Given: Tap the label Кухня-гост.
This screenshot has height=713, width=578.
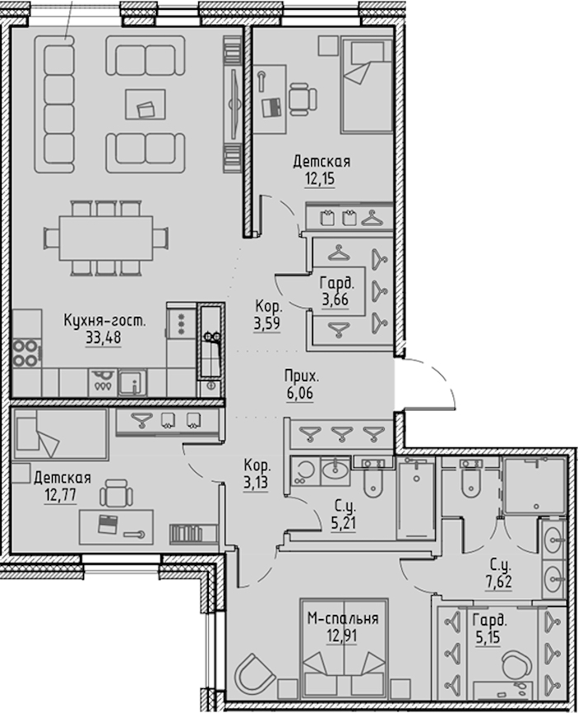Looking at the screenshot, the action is (x=105, y=320).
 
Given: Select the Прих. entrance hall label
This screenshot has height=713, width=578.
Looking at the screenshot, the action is (x=301, y=376).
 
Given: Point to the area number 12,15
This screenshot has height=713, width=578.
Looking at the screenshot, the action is (x=320, y=179).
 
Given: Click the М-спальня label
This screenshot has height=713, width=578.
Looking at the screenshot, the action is (x=343, y=618).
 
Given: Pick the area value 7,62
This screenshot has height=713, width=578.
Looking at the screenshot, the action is (x=499, y=582).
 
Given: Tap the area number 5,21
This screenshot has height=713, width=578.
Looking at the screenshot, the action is (x=343, y=523).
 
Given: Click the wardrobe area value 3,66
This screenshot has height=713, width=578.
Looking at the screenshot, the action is (x=335, y=300).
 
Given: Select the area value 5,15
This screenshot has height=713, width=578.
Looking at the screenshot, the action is (x=487, y=637).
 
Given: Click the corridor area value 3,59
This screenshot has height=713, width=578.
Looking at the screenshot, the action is (x=267, y=323).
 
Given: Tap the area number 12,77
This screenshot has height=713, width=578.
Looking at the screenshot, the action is (x=60, y=495).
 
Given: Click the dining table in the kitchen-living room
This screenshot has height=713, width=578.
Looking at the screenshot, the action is (x=106, y=238).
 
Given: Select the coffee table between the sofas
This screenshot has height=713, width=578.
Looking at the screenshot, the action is (x=145, y=104).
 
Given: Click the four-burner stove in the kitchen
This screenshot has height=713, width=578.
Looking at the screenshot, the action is (x=26, y=353).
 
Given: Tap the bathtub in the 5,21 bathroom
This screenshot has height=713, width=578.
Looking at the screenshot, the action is (x=416, y=498).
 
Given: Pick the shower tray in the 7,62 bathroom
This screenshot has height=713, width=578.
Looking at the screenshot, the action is (x=534, y=485).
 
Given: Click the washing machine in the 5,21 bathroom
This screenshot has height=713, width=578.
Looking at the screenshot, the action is (x=304, y=471).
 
